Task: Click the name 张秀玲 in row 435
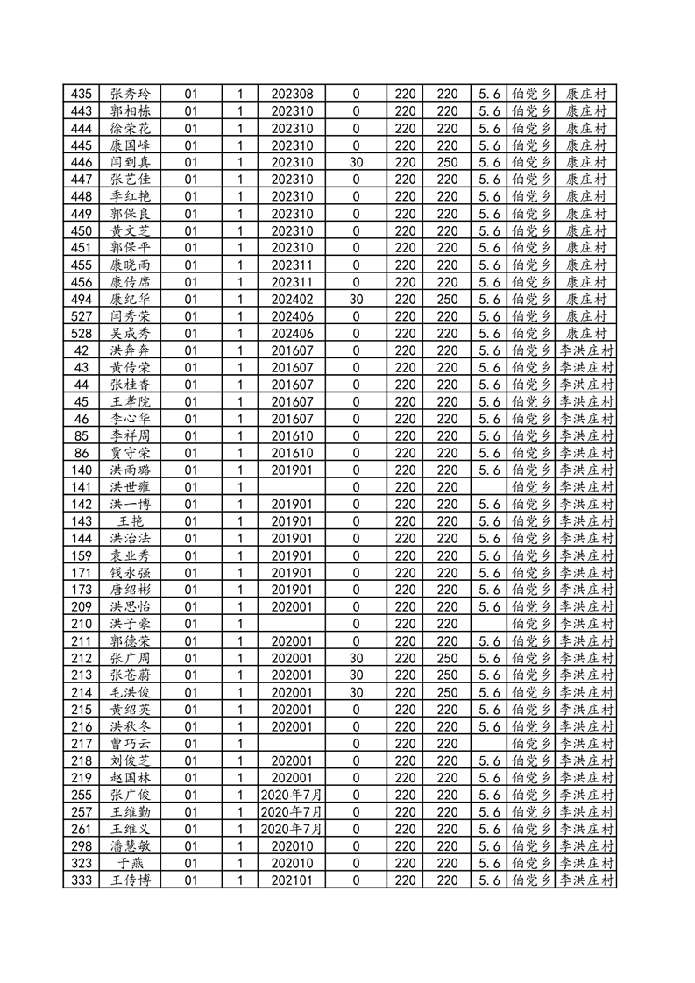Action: point(130,94)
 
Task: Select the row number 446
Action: point(82,162)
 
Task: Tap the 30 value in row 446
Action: point(356,162)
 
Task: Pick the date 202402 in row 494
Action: point(292,299)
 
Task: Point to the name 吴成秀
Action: point(130,333)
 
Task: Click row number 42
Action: point(82,350)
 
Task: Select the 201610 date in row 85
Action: point(292,435)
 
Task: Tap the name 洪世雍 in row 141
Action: point(130,487)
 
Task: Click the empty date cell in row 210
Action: point(292,624)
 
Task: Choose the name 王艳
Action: point(130,521)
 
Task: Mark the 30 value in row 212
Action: point(356,658)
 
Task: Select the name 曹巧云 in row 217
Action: point(130,743)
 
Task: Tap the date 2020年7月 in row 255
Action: point(292,795)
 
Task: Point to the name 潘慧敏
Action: point(130,845)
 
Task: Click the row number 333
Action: point(82,880)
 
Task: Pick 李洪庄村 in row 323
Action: point(586,863)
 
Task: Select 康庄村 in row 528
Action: point(586,333)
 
